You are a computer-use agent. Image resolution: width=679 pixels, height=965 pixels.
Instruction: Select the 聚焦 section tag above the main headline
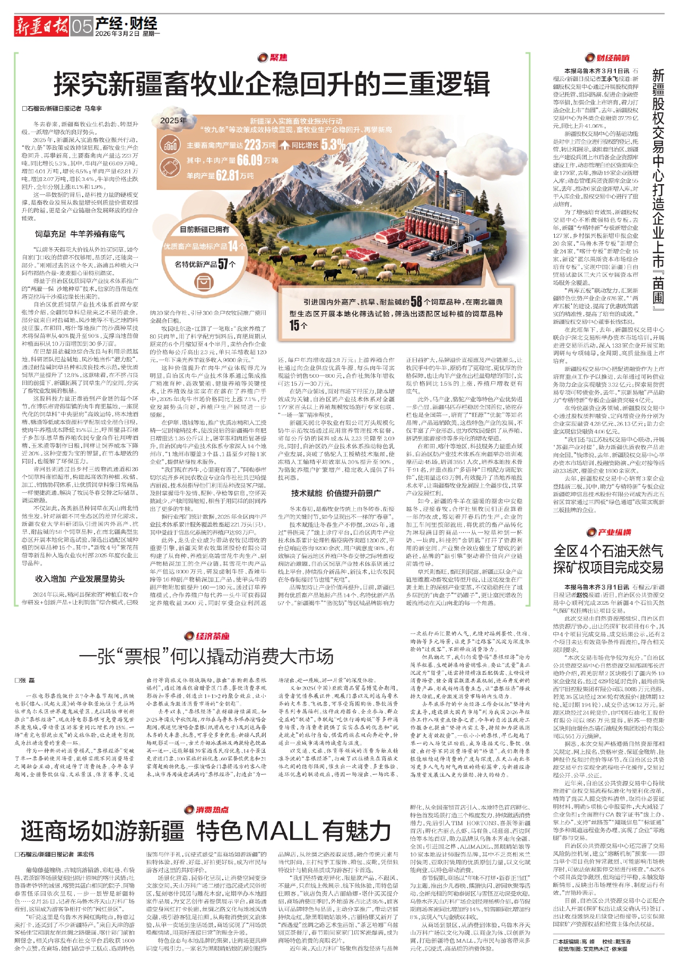[x=273, y=57]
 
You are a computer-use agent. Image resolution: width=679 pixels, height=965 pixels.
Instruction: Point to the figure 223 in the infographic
[x=253, y=144]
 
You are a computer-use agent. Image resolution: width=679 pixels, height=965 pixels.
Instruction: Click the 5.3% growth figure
[x=333, y=144]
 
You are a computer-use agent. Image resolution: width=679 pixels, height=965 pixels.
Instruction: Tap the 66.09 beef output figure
[x=249, y=160]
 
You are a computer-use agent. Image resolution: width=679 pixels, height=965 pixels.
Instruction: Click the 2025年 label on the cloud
[x=173, y=120]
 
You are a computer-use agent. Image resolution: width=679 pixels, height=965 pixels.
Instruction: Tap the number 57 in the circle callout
[x=223, y=264]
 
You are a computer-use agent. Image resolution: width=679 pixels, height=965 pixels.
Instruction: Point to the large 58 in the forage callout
[x=416, y=301]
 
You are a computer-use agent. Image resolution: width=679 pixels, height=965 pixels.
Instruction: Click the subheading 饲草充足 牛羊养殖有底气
[x=80, y=233]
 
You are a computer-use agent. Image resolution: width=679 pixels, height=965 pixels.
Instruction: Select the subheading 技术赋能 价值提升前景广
[x=336, y=493]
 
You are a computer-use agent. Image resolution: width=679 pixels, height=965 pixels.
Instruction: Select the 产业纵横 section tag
[x=608, y=532]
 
